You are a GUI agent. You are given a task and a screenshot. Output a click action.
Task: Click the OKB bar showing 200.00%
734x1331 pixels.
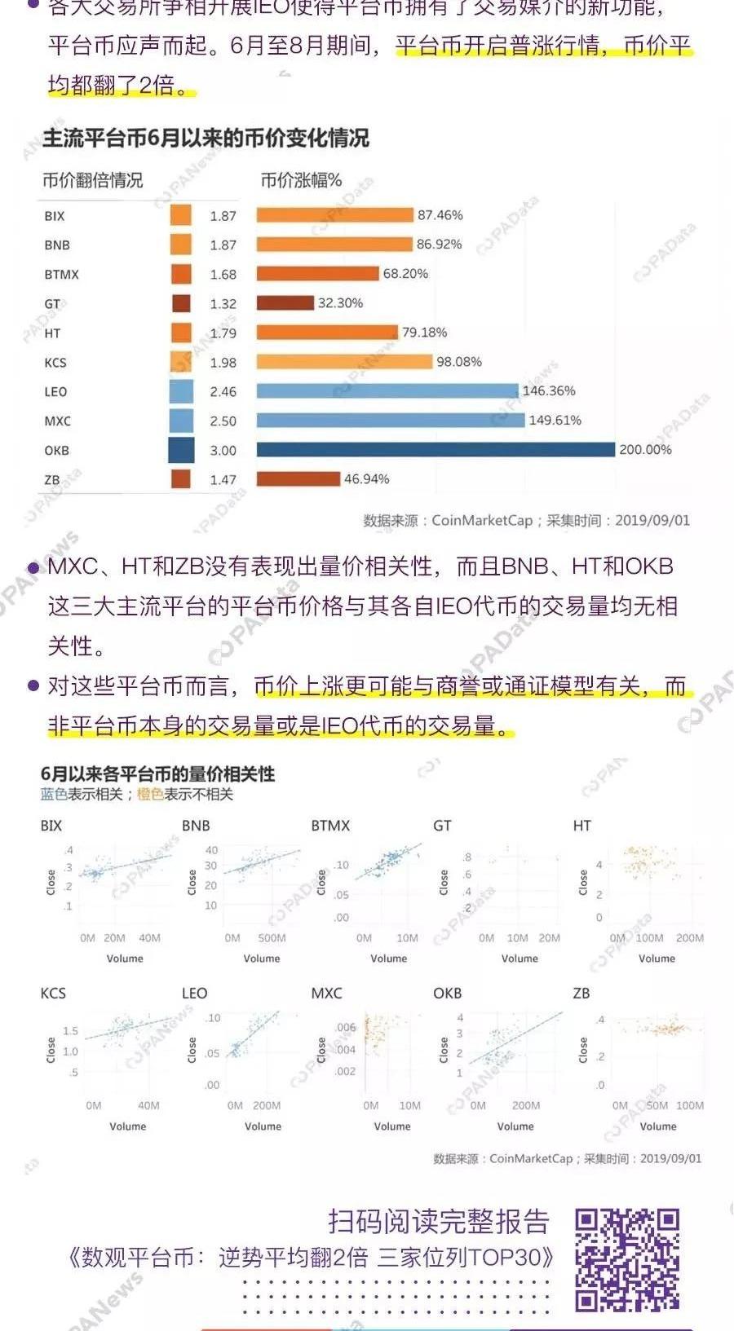click(x=436, y=450)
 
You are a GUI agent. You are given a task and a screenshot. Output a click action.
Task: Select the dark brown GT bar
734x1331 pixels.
click(x=285, y=303)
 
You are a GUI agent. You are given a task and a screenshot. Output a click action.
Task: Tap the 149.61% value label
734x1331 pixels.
click(x=555, y=421)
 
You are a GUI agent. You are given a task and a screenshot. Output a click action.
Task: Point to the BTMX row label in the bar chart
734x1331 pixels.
click(x=61, y=275)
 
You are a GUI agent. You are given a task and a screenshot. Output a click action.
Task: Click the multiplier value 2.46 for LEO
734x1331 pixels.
click(x=223, y=392)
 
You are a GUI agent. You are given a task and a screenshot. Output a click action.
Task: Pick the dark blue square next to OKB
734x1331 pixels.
click(x=181, y=450)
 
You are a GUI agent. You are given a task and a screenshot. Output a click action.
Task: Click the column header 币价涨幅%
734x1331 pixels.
click(x=301, y=181)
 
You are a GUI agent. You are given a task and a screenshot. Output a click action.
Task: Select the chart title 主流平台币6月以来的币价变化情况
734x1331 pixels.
click(x=206, y=138)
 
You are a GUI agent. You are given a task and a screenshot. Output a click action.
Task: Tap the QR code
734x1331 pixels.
click(x=627, y=1259)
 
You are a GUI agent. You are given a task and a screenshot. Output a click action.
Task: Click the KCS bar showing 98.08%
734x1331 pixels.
click(x=344, y=362)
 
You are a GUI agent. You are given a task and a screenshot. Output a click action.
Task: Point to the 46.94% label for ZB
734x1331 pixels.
click(x=366, y=479)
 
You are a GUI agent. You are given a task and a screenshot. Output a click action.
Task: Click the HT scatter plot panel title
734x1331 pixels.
click(x=581, y=826)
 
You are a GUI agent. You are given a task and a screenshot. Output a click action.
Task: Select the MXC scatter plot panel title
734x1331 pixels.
click(x=326, y=994)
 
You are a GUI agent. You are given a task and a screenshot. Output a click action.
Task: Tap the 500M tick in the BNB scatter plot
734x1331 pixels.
click(x=272, y=938)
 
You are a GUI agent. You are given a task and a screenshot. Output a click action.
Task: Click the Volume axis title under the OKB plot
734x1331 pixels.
click(x=515, y=1126)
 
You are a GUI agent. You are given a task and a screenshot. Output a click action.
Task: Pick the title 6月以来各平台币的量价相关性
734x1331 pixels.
click(x=157, y=773)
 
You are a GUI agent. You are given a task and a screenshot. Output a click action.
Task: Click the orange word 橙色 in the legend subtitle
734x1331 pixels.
click(x=150, y=794)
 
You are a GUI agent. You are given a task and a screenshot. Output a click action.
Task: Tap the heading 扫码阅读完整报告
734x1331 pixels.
click(x=438, y=1221)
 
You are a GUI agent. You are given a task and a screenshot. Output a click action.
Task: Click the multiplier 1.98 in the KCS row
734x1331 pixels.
click(x=223, y=363)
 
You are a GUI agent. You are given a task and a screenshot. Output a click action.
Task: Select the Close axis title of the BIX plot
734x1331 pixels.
click(x=51, y=881)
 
